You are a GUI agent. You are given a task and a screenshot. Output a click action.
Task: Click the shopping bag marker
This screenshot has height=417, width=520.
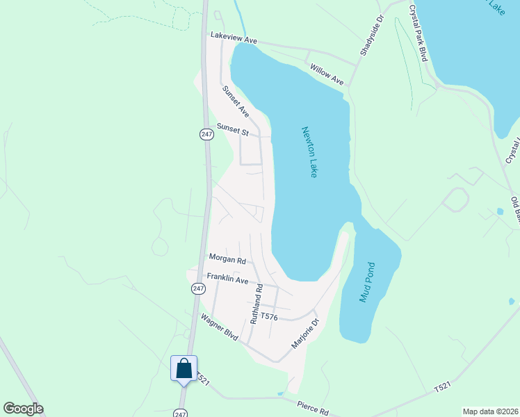tap(184, 368)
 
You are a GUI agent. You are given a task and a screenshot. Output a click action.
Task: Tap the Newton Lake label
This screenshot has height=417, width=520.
tap(309, 152)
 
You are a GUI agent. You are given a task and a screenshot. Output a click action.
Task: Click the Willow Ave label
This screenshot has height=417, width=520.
tap(327, 75)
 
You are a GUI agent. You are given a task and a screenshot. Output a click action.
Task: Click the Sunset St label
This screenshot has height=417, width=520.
tap(232, 129)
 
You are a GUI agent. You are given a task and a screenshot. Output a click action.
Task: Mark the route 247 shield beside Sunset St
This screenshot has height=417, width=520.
tap(206, 135)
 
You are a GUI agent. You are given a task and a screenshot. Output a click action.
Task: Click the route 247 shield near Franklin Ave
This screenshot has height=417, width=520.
tap(199, 288)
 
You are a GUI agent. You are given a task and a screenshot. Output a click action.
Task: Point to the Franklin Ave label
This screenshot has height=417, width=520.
tap(227, 279)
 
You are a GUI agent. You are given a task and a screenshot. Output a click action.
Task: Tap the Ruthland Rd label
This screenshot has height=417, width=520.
tap(257, 304)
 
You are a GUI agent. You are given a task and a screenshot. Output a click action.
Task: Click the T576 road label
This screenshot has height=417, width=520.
tap(270, 318)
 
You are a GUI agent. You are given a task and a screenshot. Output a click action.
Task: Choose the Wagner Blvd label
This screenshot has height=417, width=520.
tap(220, 328)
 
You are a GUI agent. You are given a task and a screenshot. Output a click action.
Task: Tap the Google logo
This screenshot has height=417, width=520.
tap(23, 409)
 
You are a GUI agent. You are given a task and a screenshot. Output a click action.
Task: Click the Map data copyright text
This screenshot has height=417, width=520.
tap(489, 411)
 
